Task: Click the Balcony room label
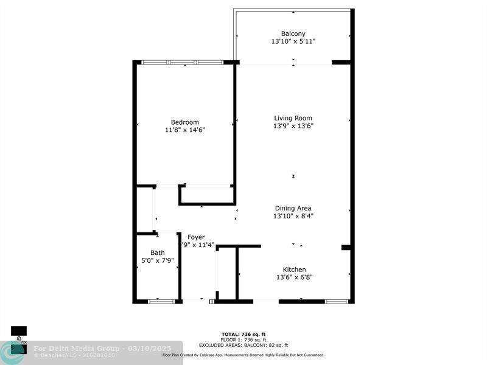pos(293,33)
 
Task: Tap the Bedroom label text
pos(184,122)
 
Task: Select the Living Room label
pos(293,118)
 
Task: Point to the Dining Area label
pos(293,208)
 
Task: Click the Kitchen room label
pos(294,269)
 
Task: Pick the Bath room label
pos(157,253)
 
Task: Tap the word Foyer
pos(196,237)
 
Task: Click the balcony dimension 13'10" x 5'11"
pos(293,41)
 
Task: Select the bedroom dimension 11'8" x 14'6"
pos(184,130)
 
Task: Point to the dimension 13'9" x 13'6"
pos(293,126)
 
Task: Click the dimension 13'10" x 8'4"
pos(293,216)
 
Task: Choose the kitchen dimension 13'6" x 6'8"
pos(294,277)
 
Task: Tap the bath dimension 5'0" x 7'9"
pos(157,261)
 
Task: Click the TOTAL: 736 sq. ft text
pos(243,334)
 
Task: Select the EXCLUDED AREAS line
pos(243,345)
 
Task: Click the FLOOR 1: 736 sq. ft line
pos(243,339)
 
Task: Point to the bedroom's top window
pos(183,62)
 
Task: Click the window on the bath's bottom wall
pos(161,301)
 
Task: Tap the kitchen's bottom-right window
pos(337,301)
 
